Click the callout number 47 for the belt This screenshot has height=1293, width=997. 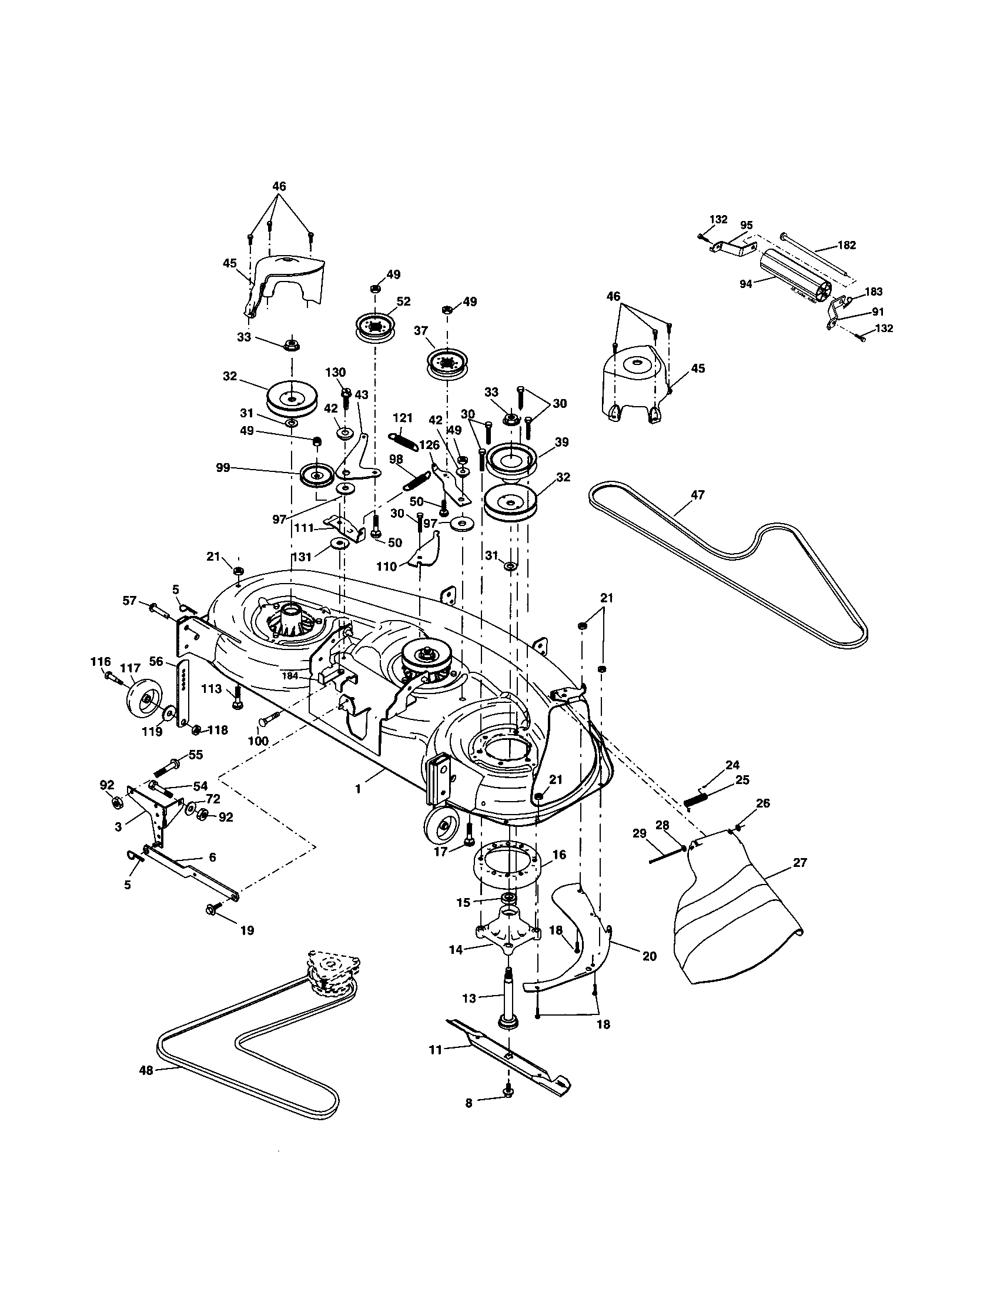pos(698,494)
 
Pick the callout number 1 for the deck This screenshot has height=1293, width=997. pos(357,789)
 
